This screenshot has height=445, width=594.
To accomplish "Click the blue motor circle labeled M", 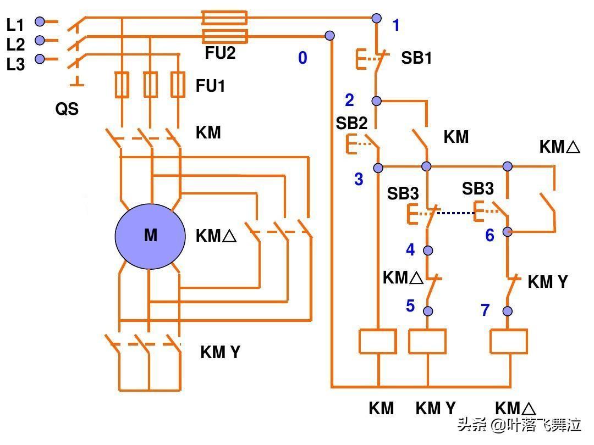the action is click(150, 236).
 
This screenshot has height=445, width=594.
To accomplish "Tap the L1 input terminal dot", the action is click(40, 21).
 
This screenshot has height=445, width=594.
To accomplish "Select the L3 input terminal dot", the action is click(40, 59).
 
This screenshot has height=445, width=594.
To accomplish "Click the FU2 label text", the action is click(220, 53).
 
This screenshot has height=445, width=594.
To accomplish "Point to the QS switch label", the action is click(67, 109).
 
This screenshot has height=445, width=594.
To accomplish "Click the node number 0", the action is click(302, 58).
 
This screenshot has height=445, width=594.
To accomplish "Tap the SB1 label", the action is click(416, 58).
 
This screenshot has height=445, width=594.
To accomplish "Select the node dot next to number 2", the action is click(376, 101).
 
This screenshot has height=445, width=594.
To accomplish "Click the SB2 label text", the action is click(351, 123).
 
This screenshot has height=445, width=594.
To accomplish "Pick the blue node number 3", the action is click(359, 179).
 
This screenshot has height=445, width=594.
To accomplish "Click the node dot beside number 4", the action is click(428, 250).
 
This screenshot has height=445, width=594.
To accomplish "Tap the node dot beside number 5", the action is click(428, 311).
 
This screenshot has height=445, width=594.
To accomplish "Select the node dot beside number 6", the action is click(508, 232).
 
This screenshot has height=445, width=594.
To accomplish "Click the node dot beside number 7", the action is click(508, 311).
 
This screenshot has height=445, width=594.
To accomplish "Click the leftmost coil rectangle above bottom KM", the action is click(378, 341).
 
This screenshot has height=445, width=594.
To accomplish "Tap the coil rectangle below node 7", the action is click(509, 341).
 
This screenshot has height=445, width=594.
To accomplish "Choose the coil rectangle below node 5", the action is click(427, 341).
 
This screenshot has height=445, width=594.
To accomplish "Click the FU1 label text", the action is click(210, 86).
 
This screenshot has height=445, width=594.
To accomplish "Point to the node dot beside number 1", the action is click(376, 18).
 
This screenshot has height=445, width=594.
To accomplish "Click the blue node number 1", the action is click(396, 25).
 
